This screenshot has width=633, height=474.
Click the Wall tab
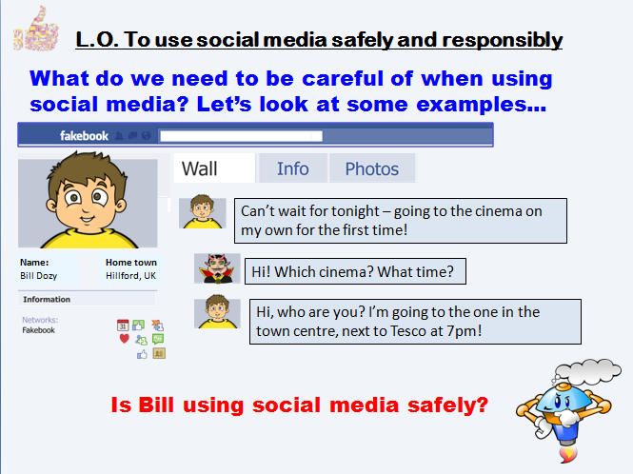tap(200, 169)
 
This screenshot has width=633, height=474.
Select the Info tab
tap(293, 168)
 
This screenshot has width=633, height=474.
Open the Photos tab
tap(371, 168)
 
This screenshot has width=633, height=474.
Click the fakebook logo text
tap(85, 136)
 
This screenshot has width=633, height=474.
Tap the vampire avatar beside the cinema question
tap(215, 269)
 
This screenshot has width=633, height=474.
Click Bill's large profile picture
tap(88, 203)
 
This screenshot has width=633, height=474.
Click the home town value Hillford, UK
tap(130, 275)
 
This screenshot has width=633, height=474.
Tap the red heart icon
tap(124, 338)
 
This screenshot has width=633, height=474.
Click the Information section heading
tap(47, 300)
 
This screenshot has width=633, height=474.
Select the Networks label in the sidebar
tap(40, 320)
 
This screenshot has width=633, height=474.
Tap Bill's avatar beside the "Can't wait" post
tap(203, 212)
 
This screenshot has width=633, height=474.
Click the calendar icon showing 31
tap(123, 325)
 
